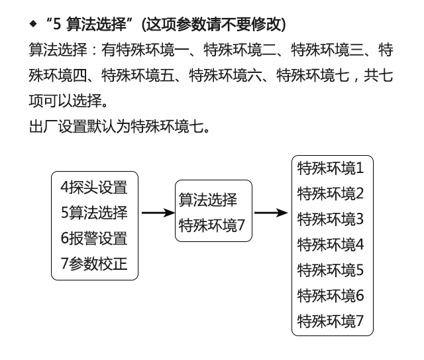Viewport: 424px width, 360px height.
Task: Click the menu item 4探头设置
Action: tap(93, 188)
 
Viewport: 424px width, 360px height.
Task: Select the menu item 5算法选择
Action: tap(93, 213)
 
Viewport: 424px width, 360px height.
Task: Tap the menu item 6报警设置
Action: tap(93, 238)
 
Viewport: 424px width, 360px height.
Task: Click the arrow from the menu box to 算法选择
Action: tap(158, 213)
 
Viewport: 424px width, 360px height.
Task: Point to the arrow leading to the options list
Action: tap(271, 213)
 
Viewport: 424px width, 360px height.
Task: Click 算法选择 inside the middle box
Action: tap(207, 200)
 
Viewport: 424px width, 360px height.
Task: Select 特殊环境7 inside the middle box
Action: tap(212, 225)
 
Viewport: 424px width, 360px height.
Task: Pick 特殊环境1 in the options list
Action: tap(331, 168)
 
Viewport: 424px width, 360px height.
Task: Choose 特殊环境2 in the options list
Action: tap(331, 194)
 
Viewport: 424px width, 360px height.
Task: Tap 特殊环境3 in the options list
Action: tap(331, 219)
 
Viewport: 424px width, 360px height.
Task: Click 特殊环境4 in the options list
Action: tap(331, 245)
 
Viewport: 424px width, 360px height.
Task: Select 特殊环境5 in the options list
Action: tap(331, 270)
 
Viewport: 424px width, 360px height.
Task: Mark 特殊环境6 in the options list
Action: tap(331, 296)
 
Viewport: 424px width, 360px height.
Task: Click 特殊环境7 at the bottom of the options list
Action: tap(331, 322)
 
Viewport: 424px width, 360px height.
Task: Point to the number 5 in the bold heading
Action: tap(58, 25)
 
